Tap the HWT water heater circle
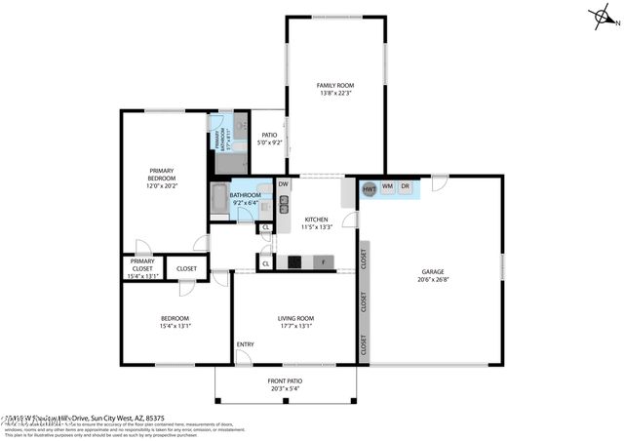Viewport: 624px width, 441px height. click(x=370, y=188)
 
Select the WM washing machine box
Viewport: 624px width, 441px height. click(x=387, y=186)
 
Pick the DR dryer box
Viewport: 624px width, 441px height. click(x=406, y=186)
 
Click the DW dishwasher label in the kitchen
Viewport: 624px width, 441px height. click(x=283, y=184)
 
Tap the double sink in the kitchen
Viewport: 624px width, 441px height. click(x=284, y=204)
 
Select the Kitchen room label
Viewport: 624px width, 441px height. click(x=317, y=220)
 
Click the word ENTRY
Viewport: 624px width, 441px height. click(x=246, y=344)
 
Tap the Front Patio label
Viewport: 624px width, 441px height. click(x=285, y=381)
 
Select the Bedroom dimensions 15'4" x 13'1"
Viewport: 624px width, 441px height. click(x=175, y=327)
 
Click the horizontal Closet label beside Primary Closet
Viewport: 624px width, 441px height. click(x=186, y=268)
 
